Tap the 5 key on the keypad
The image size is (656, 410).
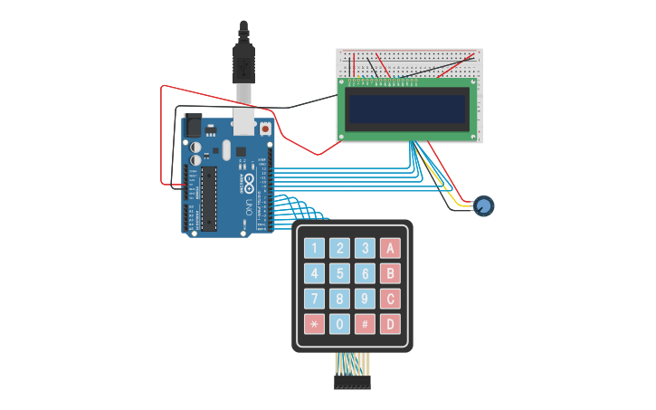[x=339, y=273]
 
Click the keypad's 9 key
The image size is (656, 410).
[x=365, y=299]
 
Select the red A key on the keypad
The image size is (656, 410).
[x=390, y=248]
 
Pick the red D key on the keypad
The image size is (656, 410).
[x=390, y=324]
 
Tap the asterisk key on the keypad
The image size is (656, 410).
[x=314, y=324]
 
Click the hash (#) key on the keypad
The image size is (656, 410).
[x=365, y=324]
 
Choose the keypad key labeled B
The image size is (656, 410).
[x=390, y=273]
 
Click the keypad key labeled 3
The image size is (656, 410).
[x=365, y=248]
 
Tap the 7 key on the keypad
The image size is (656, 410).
[x=314, y=299]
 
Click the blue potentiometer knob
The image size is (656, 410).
[x=484, y=206]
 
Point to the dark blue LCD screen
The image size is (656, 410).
[x=408, y=109]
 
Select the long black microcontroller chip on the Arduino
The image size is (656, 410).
[x=209, y=196]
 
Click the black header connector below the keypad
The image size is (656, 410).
[x=352, y=383]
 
